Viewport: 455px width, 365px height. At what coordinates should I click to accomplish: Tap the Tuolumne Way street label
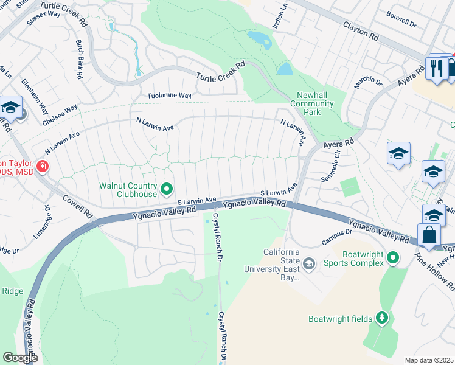[x=170, y=96]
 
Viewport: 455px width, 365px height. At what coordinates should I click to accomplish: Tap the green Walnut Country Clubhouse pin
[x=166, y=190]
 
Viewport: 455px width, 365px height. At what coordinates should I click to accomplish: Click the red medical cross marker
[x=43, y=165]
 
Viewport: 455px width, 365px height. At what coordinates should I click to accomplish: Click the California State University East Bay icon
[x=309, y=263]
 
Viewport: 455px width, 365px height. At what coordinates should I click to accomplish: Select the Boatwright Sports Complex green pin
[x=394, y=259]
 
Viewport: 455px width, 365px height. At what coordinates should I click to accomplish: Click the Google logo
[x=20, y=358]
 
